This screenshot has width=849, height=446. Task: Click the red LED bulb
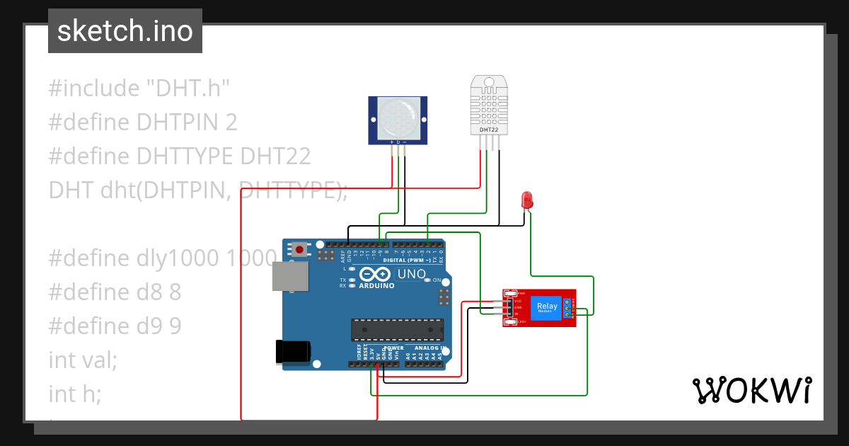(x=526, y=200)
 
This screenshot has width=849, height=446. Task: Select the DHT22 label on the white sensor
(x=488, y=130)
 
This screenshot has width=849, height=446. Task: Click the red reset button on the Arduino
(x=301, y=249)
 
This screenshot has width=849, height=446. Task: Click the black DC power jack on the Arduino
(x=294, y=352)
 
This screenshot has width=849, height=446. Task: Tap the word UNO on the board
(x=411, y=274)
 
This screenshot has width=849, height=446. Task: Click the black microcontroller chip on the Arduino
(x=398, y=329)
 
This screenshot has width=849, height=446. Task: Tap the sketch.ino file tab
(x=125, y=31)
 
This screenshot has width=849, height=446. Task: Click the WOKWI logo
(x=751, y=390)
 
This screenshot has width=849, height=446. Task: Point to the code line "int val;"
(x=83, y=360)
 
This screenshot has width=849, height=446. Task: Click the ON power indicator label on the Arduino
(x=437, y=280)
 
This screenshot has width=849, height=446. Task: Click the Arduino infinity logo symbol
(x=375, y=274)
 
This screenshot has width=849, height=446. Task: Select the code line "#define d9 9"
(x=115, y=326)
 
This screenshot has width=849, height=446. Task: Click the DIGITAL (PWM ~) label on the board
(x=406, y=260)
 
